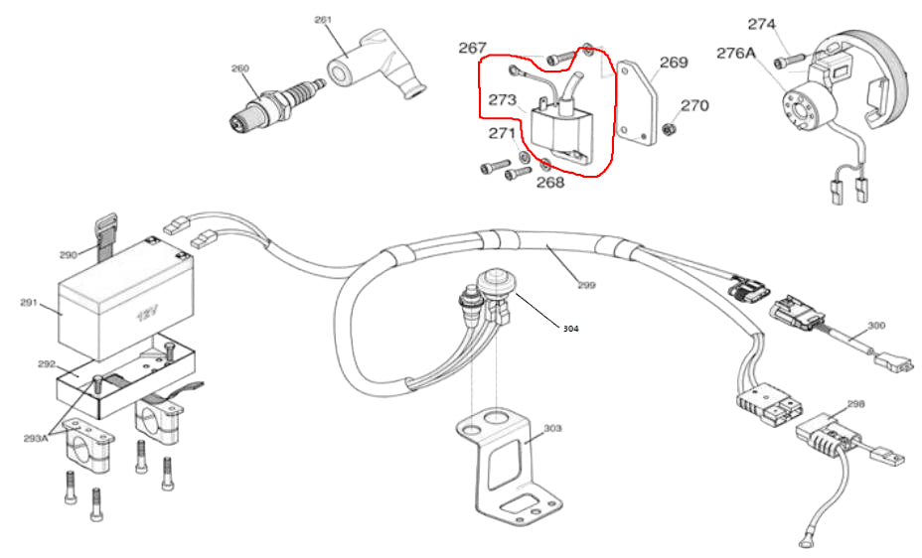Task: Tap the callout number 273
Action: click(x=502, y=100)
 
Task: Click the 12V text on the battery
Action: click(x=147, y=316)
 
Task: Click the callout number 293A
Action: click(x=34, y=436)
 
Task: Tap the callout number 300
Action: click(x=875, y=325)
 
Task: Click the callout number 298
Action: click(x=855, y=404)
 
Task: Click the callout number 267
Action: click(x=472, y=48)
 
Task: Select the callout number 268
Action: click(x=550, y=182)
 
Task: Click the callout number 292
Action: click(x=47, y=363)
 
